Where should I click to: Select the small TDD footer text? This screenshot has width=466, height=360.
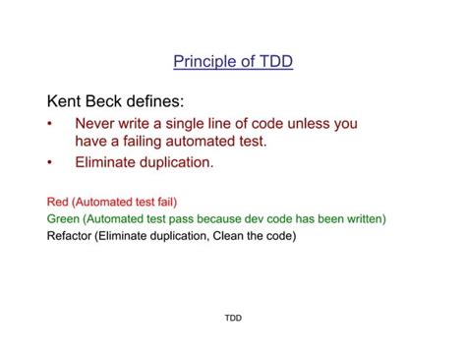[x=233, y=319]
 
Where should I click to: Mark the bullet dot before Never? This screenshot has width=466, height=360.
[x=50, y=124]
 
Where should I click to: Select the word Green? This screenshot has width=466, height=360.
[x=65, y=218]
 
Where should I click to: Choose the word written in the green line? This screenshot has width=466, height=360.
[x=363, y=218]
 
